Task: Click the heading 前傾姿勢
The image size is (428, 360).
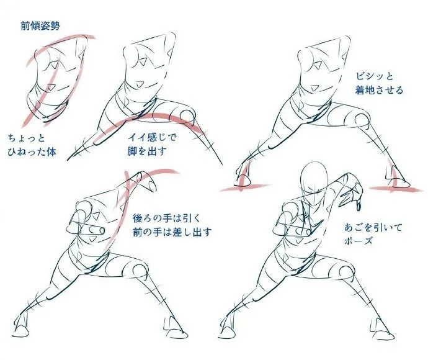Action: click(x=40, y=26)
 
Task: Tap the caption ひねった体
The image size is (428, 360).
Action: click(x=32, y=152)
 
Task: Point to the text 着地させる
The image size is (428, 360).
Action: click(x=379, y=90)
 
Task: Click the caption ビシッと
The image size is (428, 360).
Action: click(x=374, y=76)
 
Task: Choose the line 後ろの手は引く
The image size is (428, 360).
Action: click(x=166, y=218)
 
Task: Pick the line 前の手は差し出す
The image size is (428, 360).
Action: click(x=172, y=232)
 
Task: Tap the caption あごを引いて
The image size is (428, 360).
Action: click(x=373, y=227)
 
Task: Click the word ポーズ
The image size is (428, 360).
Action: click(x=358, y=241)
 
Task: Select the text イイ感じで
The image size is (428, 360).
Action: click(x=152, y=137)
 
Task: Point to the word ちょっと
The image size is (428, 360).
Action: click(x=26, y=138)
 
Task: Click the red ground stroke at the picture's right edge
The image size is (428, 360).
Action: click(x=397, y=189)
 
